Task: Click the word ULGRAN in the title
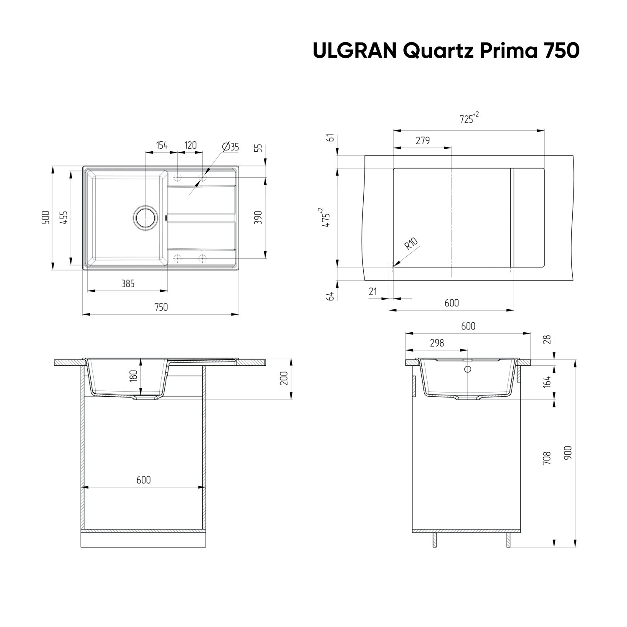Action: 354,51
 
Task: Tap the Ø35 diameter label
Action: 230,147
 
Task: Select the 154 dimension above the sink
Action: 162,145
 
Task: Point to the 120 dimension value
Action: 190,145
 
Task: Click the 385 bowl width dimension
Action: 127,284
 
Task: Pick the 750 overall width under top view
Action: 161,307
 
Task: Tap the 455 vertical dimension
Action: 64,217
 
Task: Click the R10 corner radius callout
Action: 411,244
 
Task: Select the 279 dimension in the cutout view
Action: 423,141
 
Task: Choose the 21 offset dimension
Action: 373,291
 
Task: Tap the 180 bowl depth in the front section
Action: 133,376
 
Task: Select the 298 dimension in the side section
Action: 437,343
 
